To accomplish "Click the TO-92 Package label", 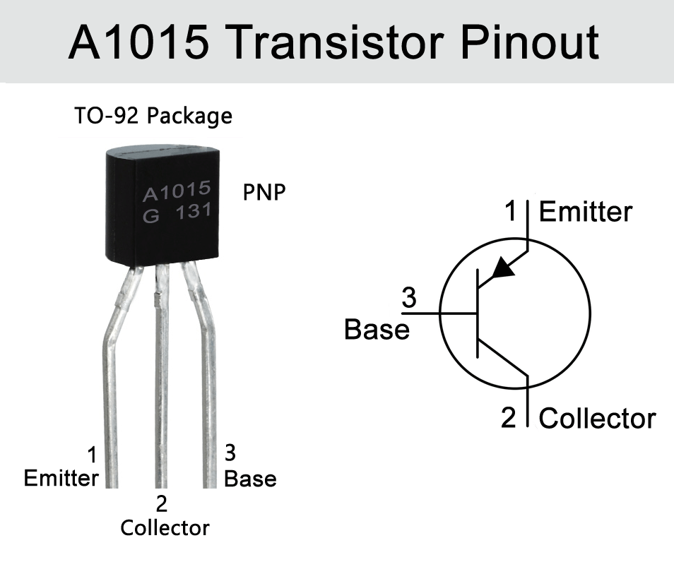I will click(153, 115).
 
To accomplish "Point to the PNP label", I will click(265, 193).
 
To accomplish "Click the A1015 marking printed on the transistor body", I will click(177, 191).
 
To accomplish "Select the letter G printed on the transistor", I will click(150, 217).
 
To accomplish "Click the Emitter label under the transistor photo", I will click(61, 478).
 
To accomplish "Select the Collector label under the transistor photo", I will click(165, 527).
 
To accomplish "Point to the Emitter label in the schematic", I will click(586, 212).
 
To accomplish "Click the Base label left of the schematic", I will click(377, 329).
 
